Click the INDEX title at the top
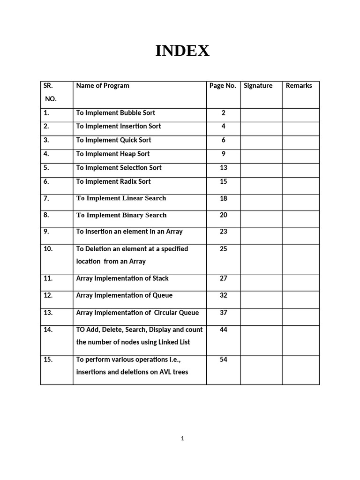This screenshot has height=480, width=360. (x=182, y=51)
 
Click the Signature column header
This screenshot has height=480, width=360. (x=258, y=86)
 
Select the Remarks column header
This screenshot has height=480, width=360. (x=299, y=86)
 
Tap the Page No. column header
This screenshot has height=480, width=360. (x=223, y=86)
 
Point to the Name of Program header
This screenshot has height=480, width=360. (x=103, y=86)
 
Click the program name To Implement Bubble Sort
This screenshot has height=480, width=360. (x=115, y=113)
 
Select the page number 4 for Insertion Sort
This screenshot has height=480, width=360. (x=224, y=127)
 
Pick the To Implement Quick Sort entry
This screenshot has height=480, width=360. (x=113, y=140)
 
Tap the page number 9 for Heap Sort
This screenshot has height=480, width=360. (x=224, y=154)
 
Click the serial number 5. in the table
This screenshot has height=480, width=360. (x=46, y=168)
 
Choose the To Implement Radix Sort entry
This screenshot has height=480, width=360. (x=113, y=181)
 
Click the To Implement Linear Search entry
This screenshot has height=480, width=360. (x=121, y=198)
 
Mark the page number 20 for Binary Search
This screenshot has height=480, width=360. (x=224, y=215)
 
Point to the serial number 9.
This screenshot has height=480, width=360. (x=46, y=232)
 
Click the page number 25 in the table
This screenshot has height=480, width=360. (x=224, y=249)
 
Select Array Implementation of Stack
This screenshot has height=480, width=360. (x=122, y=278)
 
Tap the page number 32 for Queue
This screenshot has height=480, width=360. (x=224, y=296)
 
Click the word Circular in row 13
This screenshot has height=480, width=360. (x=169, y=313)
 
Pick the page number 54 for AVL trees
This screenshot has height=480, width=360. (x=224, y=360)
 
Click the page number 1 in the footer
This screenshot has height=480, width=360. (x=182, y=439)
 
